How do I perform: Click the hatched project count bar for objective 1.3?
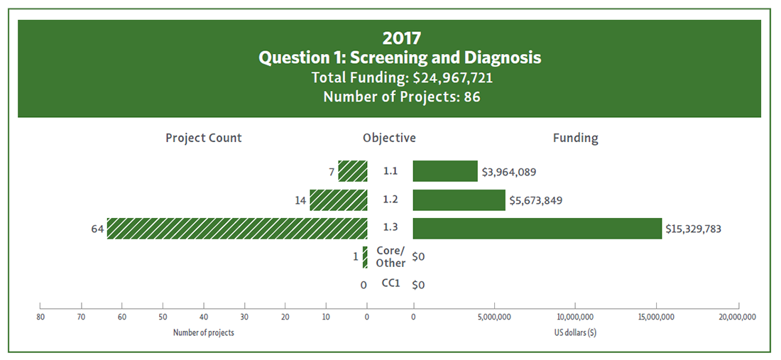pyautogui.click(x=237, y=229)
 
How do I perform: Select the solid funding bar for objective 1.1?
pyautogui.click(x=445, y=171)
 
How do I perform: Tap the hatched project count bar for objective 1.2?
pyautogui.click(x=339, y=200)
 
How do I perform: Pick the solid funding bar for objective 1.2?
pyautogui.click(x=459, y=200)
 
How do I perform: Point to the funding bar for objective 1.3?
pyautogui.click(x=537, y=229)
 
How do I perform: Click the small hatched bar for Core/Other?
pyautogui.click(x=365, y=257)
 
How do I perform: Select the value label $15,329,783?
pyautogui.click(x=698, y=229)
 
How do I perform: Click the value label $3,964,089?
pyautogui.click(x=513, y=171)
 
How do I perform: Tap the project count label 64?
pyautogui.click(x=98, y=229)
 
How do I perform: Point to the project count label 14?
pyautogui.click(x=300, y=200)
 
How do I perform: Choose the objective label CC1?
pyautogui.click(x=391, y=284)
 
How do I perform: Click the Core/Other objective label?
pyautogui.click(x=390, y=257)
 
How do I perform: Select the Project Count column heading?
pyautogui.click(x=204, y=138)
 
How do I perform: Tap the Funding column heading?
pyautogui.click(x=575, y=138)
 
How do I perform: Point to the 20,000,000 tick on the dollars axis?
pyautogui.click(x=738, y=315)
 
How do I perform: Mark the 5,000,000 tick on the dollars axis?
pyautogui.click(x=495, y=315)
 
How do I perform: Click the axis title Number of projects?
pyautogui.click(x=204, y=332)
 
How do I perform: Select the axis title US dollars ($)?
pyautogui.click(x=575, y=332)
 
